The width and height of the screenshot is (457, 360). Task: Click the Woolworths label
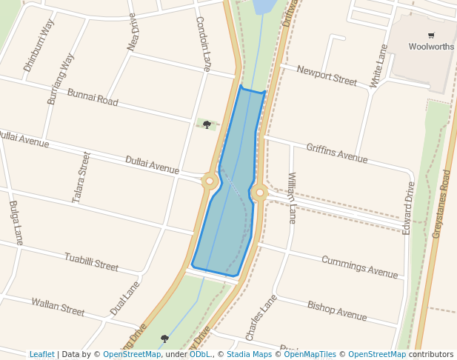(431, 47)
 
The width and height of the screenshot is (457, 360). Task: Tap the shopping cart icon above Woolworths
(431, 35)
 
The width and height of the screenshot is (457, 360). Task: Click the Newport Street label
(327, 75)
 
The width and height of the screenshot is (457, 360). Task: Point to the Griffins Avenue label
(336, 153)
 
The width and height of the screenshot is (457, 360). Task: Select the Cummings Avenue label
(359, 267)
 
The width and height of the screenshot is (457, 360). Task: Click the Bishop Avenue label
(337, 310)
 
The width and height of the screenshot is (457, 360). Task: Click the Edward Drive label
(409, 209)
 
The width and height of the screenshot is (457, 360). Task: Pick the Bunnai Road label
(93, 97)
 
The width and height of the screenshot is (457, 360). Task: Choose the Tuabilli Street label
(91, 261)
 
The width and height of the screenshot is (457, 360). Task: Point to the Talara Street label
(82, 177)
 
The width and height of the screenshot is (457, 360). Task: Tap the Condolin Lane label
(203, 44)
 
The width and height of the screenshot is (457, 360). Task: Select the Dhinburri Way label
(39, 45)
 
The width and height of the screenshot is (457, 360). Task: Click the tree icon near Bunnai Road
(207, 124)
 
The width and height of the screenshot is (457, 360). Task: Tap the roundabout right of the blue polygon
(258, 193)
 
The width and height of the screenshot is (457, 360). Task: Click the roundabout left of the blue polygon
(210, 181)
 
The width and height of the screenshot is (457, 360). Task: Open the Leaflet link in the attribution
(41, 354)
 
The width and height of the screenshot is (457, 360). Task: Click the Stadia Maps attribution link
(251, 354)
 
